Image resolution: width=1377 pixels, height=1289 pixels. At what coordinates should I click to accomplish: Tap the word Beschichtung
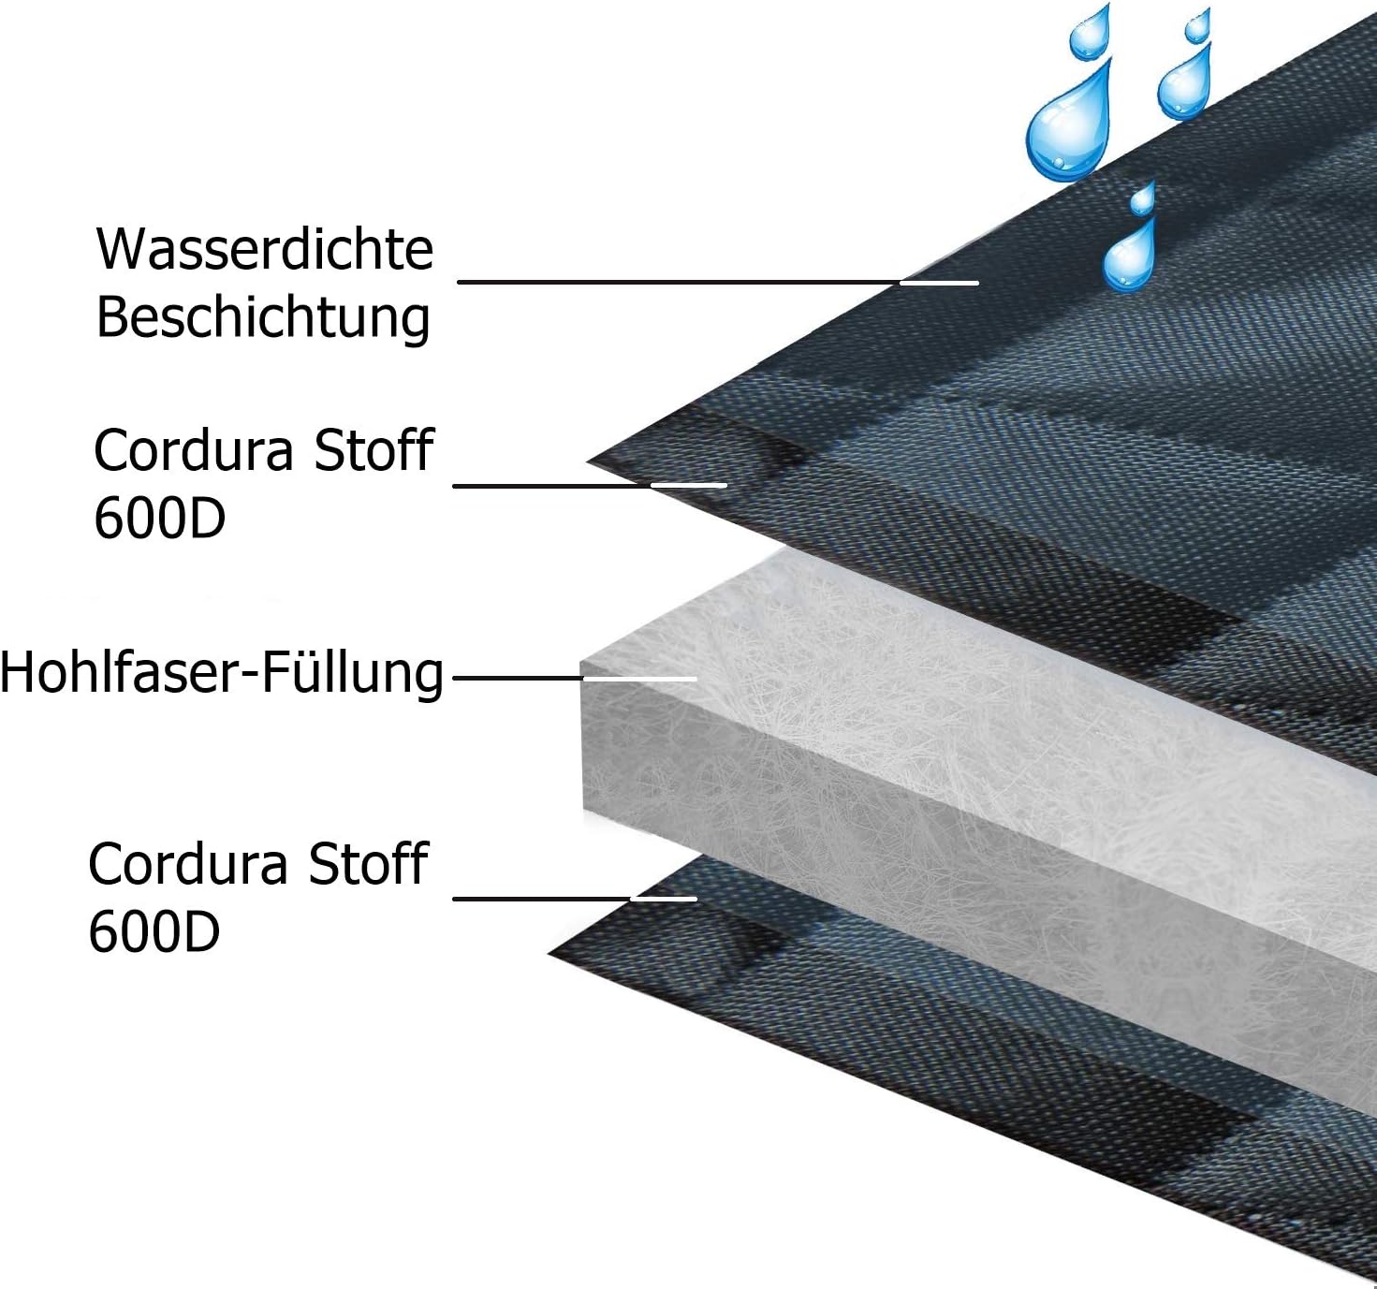(263, 319)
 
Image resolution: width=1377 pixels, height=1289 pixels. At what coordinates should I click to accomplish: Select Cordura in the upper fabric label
(194, 450)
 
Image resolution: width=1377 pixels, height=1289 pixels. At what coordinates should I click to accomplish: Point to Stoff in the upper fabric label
(374, 450)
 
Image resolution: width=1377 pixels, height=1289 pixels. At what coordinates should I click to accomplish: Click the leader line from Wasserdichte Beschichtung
(718, 282)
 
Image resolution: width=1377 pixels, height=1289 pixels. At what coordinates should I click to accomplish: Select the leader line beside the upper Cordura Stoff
(590, 486)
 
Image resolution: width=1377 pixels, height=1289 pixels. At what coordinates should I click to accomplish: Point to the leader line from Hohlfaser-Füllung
(575, 678)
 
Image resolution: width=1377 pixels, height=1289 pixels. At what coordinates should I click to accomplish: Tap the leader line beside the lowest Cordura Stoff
(575, 899)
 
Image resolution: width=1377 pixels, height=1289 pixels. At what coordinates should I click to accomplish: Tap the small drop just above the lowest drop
(1141, 199)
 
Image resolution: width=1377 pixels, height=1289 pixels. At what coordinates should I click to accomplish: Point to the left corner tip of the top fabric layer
(587, 461)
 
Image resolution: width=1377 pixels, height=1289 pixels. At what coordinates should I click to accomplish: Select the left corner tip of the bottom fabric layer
(549, 954)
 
